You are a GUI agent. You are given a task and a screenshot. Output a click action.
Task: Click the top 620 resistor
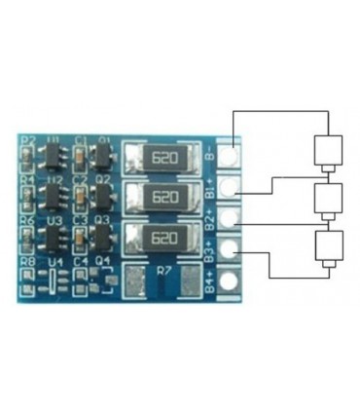(x=164, y=160)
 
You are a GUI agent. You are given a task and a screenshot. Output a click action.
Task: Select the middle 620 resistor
(x=164, y=198)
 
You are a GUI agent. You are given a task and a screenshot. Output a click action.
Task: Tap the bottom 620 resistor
(x=164, y=237)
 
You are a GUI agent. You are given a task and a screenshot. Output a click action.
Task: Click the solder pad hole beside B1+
(x=230, y=185)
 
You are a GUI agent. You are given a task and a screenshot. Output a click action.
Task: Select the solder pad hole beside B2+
(x=230, y=217)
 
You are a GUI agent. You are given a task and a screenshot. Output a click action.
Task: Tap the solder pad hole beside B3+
(x=230, y=249)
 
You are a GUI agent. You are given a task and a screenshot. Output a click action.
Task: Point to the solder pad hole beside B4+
(x=230, y=281)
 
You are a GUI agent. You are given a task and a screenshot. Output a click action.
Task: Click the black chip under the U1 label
(x=54, y=160)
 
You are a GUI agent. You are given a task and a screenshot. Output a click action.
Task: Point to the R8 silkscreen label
(x=27, y=262)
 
